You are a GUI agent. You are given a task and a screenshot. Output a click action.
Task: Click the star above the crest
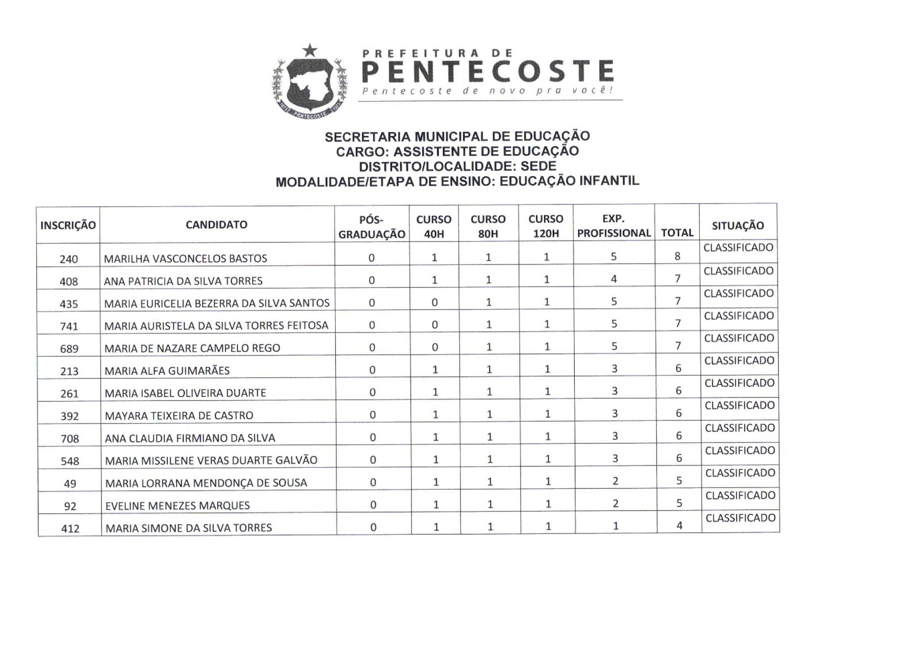click(x=309, y=50)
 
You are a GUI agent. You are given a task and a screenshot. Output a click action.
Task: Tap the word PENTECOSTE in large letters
click(x=488, y=72)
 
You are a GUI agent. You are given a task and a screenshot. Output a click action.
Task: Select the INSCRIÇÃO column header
click(x=68, y=225)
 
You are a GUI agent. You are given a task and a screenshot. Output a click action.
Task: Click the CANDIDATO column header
click(x=216, y=225)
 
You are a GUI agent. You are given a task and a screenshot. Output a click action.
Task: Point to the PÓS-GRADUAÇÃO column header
click(x=371, y=226)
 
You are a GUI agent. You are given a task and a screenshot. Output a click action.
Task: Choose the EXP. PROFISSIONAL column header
click(x=614, y=226)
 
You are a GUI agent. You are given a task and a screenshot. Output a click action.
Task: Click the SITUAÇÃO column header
click(x=738, y=225)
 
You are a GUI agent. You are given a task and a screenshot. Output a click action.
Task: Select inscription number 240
click(x=69, y=259)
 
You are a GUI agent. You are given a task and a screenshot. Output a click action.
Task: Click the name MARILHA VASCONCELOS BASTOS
click(x=185, y=259)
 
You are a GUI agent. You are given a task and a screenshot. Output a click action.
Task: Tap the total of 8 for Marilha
click(x=677, y=256)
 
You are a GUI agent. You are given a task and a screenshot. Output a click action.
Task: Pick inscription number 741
click(x=69, y=326)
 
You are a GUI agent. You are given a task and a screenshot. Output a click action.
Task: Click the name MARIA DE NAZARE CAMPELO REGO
click(x=193, y=348)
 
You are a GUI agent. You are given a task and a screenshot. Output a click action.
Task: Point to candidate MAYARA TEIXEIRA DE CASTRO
click(x=179, y=416)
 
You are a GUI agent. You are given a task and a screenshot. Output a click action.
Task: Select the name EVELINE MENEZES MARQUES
click(x=177, y=506)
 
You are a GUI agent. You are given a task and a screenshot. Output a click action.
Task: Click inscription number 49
click(x=70, y=484)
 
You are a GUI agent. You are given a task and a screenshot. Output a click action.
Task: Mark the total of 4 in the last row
click(x=679, y=525)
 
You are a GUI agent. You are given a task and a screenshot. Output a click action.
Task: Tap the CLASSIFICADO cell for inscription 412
click(x=741, y=518)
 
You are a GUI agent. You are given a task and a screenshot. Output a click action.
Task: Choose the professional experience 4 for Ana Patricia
click(x=614, y=279)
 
